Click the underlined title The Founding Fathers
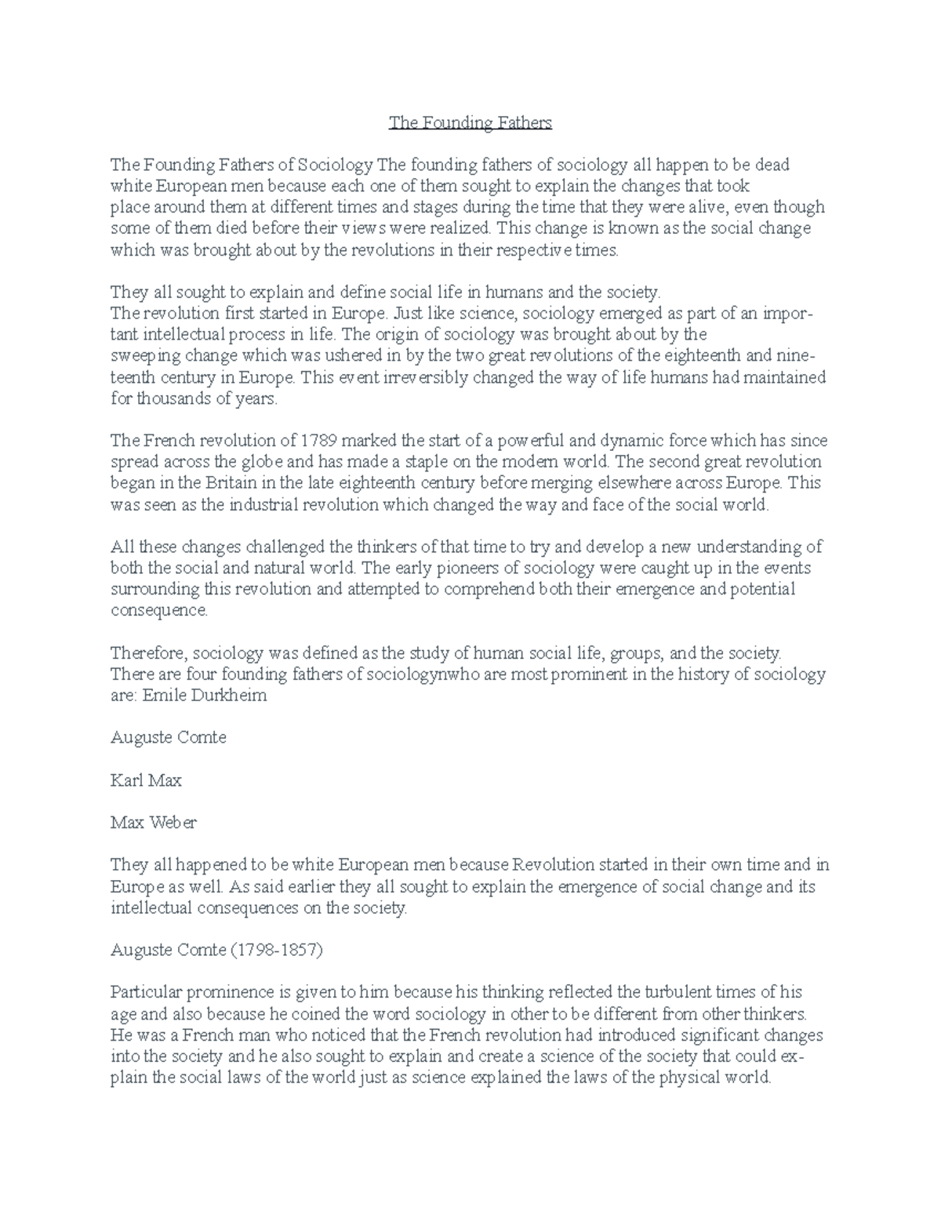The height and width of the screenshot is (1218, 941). [x=470, y=122]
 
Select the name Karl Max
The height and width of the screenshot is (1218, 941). [x=146, y=780]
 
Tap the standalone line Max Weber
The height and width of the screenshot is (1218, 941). [x=153, y=823]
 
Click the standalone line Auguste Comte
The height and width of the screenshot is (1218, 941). [x=168, y=738]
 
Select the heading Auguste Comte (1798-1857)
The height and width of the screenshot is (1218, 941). [x=216, y=950]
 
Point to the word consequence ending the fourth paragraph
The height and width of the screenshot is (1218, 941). [x=160, y=610]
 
